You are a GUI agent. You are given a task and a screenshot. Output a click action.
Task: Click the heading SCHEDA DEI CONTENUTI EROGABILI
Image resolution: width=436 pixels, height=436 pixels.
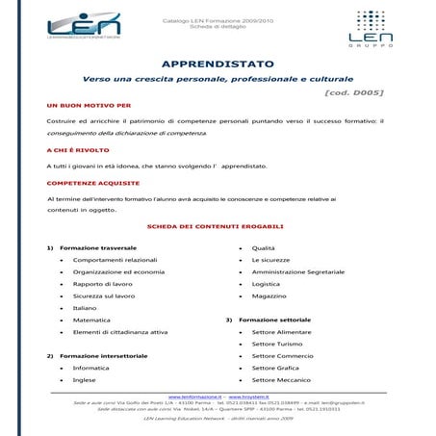coord(215,226)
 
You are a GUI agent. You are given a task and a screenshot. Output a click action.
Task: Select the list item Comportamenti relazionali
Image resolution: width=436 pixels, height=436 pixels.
coord(115,260)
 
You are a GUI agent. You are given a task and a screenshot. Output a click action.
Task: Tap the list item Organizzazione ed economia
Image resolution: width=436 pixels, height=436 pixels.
coord(118,272)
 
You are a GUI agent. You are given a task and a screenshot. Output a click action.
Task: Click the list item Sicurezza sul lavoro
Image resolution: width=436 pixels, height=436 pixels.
coord(104,296)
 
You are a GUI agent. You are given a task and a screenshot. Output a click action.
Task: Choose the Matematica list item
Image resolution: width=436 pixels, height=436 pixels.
coord(91,320)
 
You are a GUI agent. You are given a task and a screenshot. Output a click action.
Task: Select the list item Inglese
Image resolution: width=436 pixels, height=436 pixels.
coord(84,380)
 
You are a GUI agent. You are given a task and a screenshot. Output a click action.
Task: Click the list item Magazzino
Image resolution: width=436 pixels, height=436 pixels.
coord(269,296)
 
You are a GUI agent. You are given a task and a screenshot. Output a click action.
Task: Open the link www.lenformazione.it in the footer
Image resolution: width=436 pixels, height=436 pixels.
coord(195,397)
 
